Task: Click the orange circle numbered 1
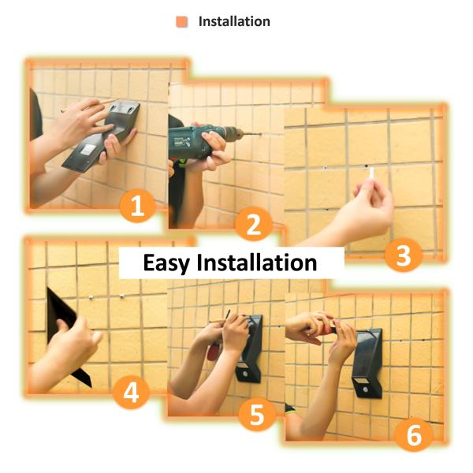(x=137, y=206)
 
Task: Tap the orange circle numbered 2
(x=254, y=224)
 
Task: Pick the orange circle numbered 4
(x=131, y=392)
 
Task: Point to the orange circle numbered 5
(x=257, y=414)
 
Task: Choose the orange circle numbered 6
(x=414, y=434)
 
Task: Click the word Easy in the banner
(x=166, y=263)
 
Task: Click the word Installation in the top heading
(x=234, y=21)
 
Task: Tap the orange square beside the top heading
(x=182, y=22)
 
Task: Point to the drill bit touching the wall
(x=250, y=134)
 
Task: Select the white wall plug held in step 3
(x=371, y=174)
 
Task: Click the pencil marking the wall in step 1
(x=89, y=106)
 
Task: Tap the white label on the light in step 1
(x=88, y=150)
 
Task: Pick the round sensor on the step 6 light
(x=366, y=389)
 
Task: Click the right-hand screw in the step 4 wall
(x=122, y=296)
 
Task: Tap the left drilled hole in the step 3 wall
(x=325, y=167)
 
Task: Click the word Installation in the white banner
(x=257, y=263)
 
